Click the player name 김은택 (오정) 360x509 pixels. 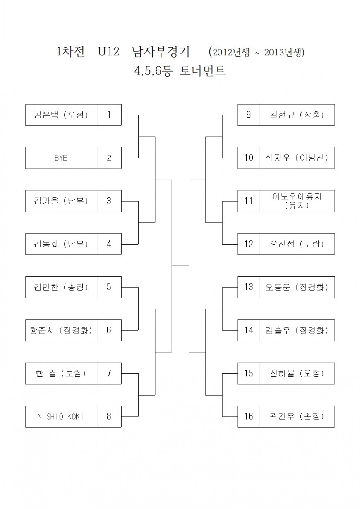click(x=61, y=115)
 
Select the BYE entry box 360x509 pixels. click(x=61, y=158)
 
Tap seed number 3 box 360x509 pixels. click(x=109, y=201)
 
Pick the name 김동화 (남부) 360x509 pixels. click(x=61, y=244)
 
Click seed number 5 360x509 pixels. click(x=109, y=287)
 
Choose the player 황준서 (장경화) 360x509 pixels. click(x=61, y=330)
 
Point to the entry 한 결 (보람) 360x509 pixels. click(x=61, y=373)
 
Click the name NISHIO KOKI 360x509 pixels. click(x=61, y=416)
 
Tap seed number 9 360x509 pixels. click(x=249, y=115)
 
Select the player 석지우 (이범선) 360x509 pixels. click(x=297, y=158)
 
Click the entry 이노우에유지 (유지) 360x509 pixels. click(x=297, y=201)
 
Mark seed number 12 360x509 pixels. click(x=249, y=244)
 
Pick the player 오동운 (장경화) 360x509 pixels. click(x=297, y=287)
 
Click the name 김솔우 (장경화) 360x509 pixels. click(x=297, y=330)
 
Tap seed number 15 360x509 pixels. click(x=249, y=373)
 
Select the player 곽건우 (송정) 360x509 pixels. click(x=297, y=416)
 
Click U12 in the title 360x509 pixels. click(x=108, y=52)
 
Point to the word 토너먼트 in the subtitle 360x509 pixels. click(x=203, y=71)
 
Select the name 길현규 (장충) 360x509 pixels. click(x=297, y=115)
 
